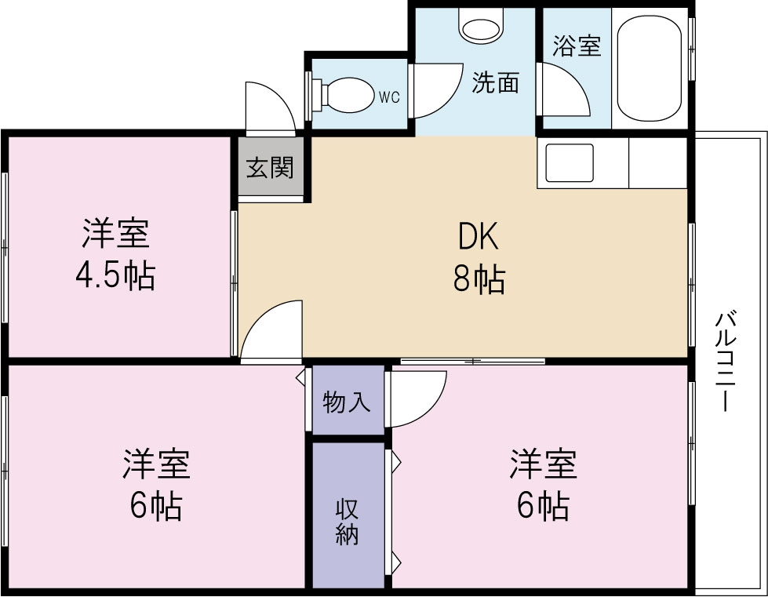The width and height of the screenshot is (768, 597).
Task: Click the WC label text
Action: click(389, 97)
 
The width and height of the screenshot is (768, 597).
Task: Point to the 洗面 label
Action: click(495, 83)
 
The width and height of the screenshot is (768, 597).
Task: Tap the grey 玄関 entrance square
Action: click(270, 167)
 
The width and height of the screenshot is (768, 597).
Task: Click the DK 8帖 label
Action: click(478, 256)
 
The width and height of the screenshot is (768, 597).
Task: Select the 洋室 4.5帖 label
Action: click(115, 254)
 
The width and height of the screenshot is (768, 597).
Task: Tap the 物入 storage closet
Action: click(346, 402)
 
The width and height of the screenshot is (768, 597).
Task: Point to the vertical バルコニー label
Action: click(726, 362)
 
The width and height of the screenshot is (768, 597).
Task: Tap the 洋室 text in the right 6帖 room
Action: click(543, 464)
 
